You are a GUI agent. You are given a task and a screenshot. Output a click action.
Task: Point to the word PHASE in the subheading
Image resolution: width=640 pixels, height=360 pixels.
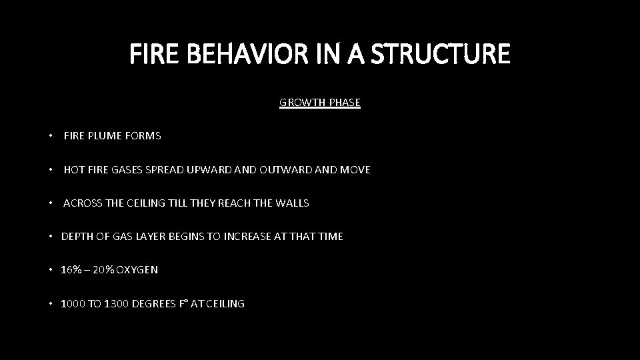click(x=344, y=103)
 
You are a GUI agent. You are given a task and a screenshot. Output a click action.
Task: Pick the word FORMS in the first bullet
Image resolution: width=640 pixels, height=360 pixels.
click(x=143, y=136)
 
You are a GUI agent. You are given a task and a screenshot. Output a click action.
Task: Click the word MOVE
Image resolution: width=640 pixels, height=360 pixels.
click(x=355, y=170)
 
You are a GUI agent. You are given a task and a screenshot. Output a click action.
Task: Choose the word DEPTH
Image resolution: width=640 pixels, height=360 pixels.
click(x=76, y=237)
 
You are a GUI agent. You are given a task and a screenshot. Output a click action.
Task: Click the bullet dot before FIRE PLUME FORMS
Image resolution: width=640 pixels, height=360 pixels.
click(x=51, y=136)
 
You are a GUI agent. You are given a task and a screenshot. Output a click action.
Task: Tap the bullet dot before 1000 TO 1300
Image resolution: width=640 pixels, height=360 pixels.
click(x=51, y=304)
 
